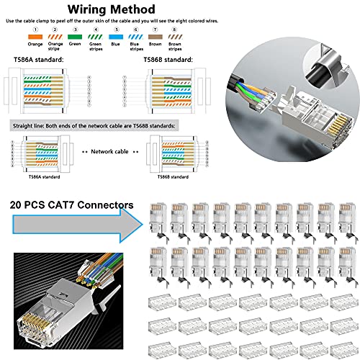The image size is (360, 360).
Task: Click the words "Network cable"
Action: click(x=112, y=153)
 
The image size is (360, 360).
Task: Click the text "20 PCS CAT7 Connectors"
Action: click(x=71, y=205)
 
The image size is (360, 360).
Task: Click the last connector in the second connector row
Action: click(x=348, y=264)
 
